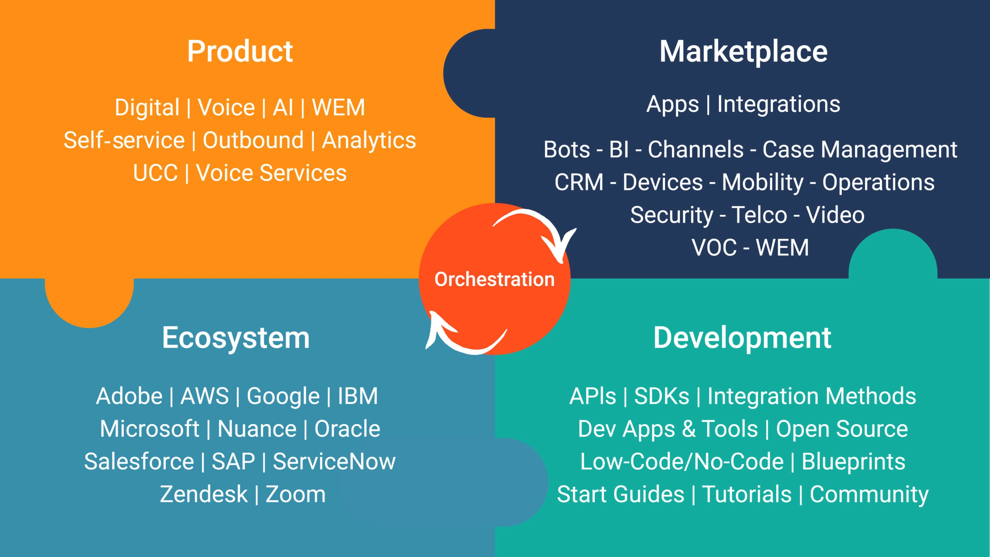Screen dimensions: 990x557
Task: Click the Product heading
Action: (240, 51)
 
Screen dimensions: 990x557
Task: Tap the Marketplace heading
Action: (743, 52)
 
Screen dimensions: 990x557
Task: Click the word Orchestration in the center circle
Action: (495, 279)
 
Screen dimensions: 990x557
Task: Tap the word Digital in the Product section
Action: (147, 108)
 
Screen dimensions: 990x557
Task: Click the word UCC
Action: (155, 173)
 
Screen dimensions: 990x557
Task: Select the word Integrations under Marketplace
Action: (779, 104)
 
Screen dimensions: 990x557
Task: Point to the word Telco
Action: (760, 215)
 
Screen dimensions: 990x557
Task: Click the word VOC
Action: (714, 248)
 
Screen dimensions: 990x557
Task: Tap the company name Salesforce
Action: (139, 461)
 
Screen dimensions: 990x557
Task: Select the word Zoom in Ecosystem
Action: (295, 494)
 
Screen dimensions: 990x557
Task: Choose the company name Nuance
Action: (257, 429)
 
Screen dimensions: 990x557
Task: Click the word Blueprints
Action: (853, 462)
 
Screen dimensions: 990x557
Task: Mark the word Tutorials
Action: (747, 494)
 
